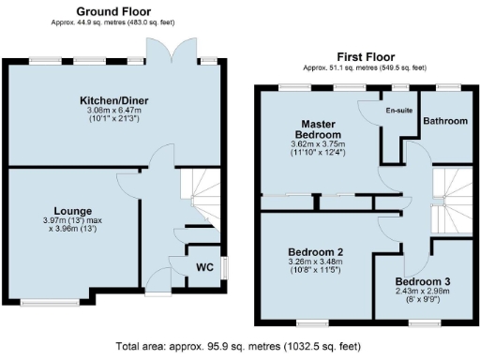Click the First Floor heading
pyautogui.click(x=364, y=56)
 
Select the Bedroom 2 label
pyautogui.click(x=314, y=252)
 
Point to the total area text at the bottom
pyautogui.click(x=240, y=346)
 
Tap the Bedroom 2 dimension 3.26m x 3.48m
pyautogui.click(x=314, y=263)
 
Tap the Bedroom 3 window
pyautogui.click(x=420, y=322)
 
